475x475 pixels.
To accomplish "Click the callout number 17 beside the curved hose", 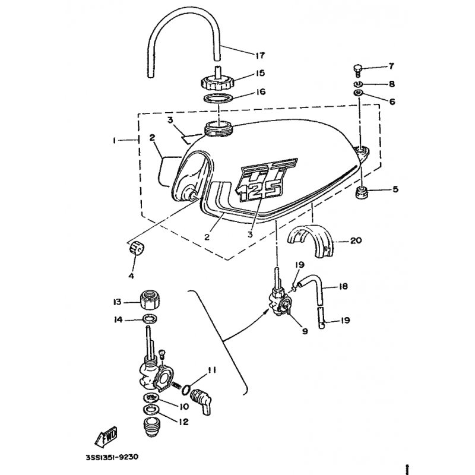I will [x=259, y=56].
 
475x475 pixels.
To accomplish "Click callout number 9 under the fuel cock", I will [x=305, y=332].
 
